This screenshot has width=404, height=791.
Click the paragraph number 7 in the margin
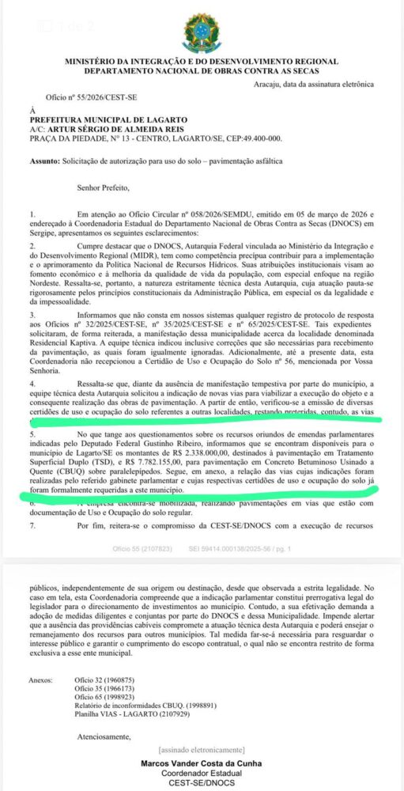[x=31, y=524]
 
